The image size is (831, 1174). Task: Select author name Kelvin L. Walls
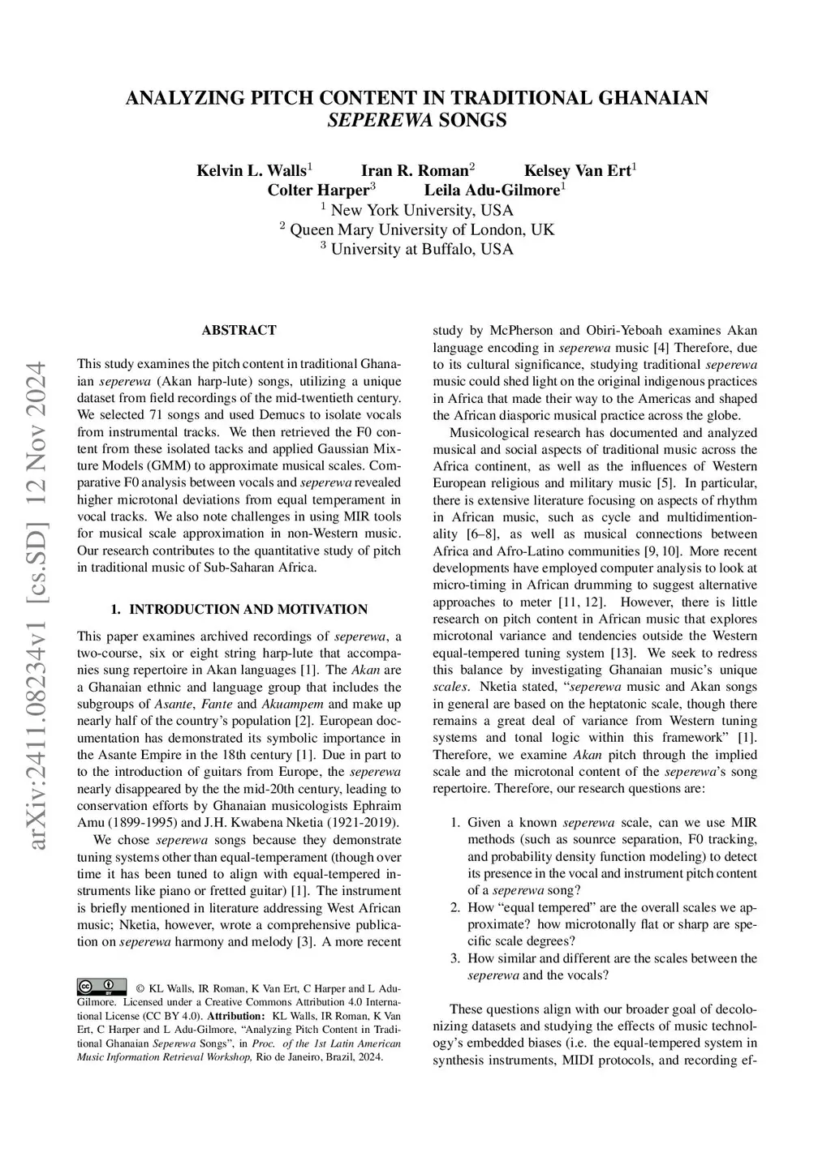point(252,170)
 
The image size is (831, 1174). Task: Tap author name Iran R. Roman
point(415,170)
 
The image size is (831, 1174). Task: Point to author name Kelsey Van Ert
point(577,170)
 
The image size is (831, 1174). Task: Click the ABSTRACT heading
point(239,330)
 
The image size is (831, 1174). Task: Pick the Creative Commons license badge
point(101,987)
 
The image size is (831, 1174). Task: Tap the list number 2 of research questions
point(455,907)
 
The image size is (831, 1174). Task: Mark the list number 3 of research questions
point(455,958)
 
